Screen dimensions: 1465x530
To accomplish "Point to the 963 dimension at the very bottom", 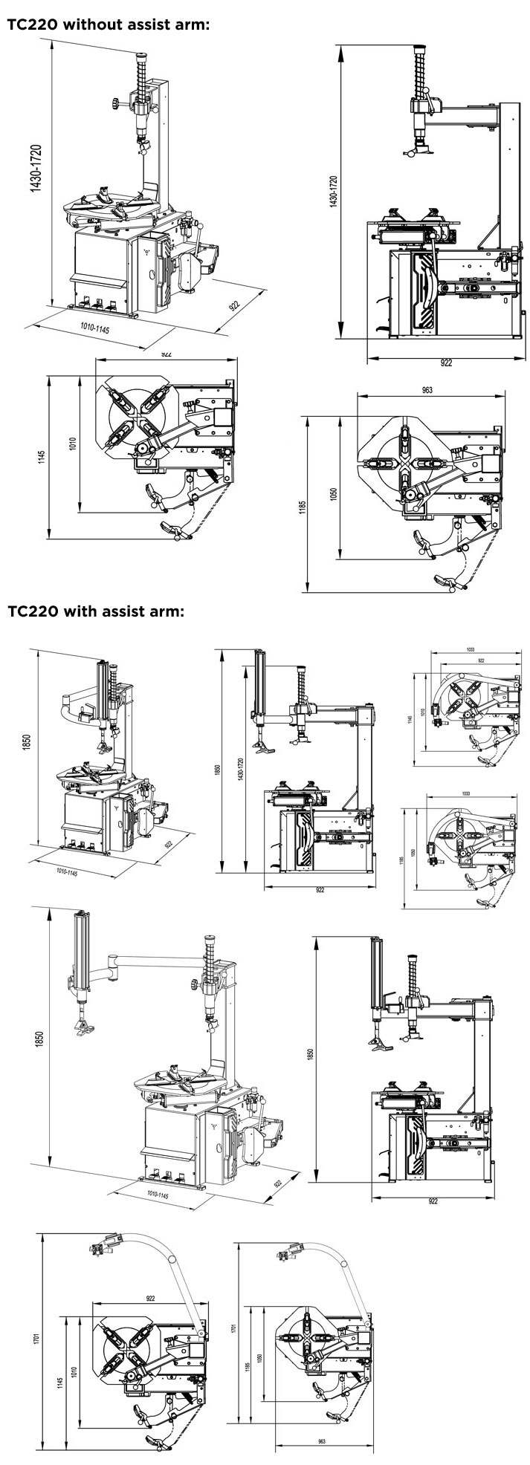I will pyautogui.click(x=321, y=1440).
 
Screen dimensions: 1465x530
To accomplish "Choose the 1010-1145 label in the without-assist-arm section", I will pyautogui.click(x=94, y=329).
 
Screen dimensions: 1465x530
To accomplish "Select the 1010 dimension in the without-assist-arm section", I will pyautogui.click(x=73, y=444).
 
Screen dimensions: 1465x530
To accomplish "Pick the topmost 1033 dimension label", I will pyautogui.click(x=470, y=649).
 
